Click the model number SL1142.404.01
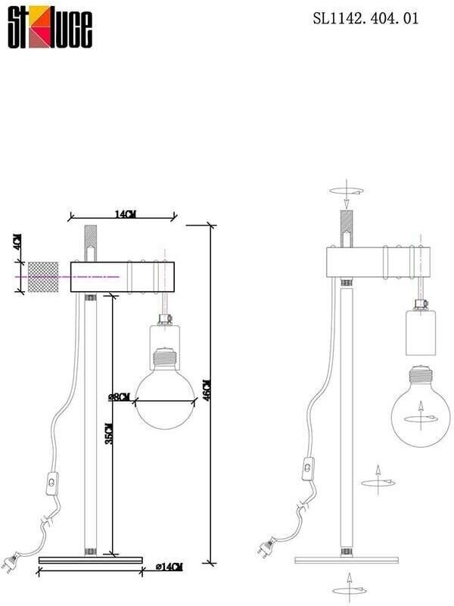(365, 20)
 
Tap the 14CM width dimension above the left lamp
(125, 215)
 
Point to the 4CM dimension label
(17, 244)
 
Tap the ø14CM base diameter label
(168, 567)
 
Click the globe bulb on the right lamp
(421, 409)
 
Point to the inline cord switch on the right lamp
(309, 470)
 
